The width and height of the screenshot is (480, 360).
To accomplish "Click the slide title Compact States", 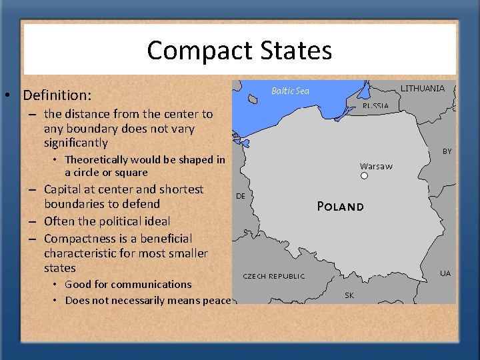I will tap(239, 51).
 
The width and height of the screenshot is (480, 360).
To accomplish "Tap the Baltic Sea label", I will tap(290, 91).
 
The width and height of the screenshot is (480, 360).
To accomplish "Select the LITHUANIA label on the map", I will tap(422, 88).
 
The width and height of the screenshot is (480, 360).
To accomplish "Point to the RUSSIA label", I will tap(375, 106).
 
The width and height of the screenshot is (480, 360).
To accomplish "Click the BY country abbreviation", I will tap(447, 151).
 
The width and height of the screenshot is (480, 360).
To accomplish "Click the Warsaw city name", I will tap(376, 166).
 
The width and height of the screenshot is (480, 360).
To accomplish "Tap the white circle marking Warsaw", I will tap(364, 176).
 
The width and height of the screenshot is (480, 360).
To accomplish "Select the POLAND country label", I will tap(340, 207).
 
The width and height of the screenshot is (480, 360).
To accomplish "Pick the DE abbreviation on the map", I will tap(241, 196).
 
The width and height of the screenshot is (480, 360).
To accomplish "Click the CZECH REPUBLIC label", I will tap(273, 276).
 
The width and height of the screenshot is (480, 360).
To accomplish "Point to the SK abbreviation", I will tap(349, 295).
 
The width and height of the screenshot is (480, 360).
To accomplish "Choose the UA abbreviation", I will tap(445, 273).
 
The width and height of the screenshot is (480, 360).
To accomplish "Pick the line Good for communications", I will tap(128, 284).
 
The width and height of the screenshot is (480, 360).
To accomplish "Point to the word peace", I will tap(217, 300).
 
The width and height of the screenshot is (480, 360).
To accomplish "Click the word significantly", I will tap(75, 143).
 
